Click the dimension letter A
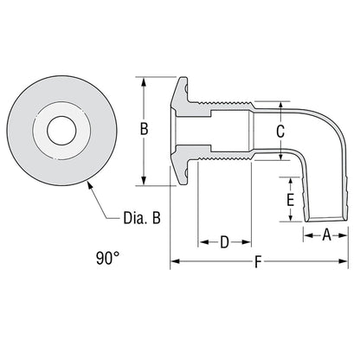click(x=327, y=235)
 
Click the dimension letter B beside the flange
click(x=145, y=130)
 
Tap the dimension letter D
click(x=224, y=242)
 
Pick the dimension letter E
click(x=291, y=199)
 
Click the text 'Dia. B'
click(x=141, y=220)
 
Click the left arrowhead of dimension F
click(x=173, y=261)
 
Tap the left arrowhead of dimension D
click(x=202, y=242)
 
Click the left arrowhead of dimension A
click(x=305, y=235)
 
